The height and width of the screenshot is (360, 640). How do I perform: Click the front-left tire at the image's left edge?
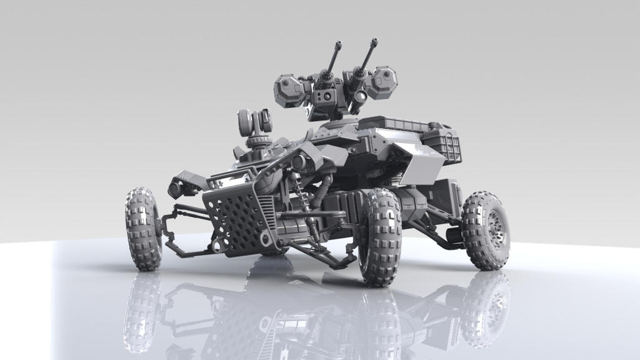pos(143,229)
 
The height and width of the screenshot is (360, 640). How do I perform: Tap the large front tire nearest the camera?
pos(380,237)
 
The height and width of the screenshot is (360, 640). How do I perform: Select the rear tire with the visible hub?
pos(486,230)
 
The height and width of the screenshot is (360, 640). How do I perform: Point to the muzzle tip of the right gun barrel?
pos(375,42)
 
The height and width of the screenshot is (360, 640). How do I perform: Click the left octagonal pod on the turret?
pos(289,89)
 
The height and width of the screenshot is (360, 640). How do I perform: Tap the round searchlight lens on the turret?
pos(361,96)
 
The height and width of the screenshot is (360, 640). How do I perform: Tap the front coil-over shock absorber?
pos(304,201)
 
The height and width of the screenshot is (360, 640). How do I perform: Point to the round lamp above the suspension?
pos(298,162)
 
